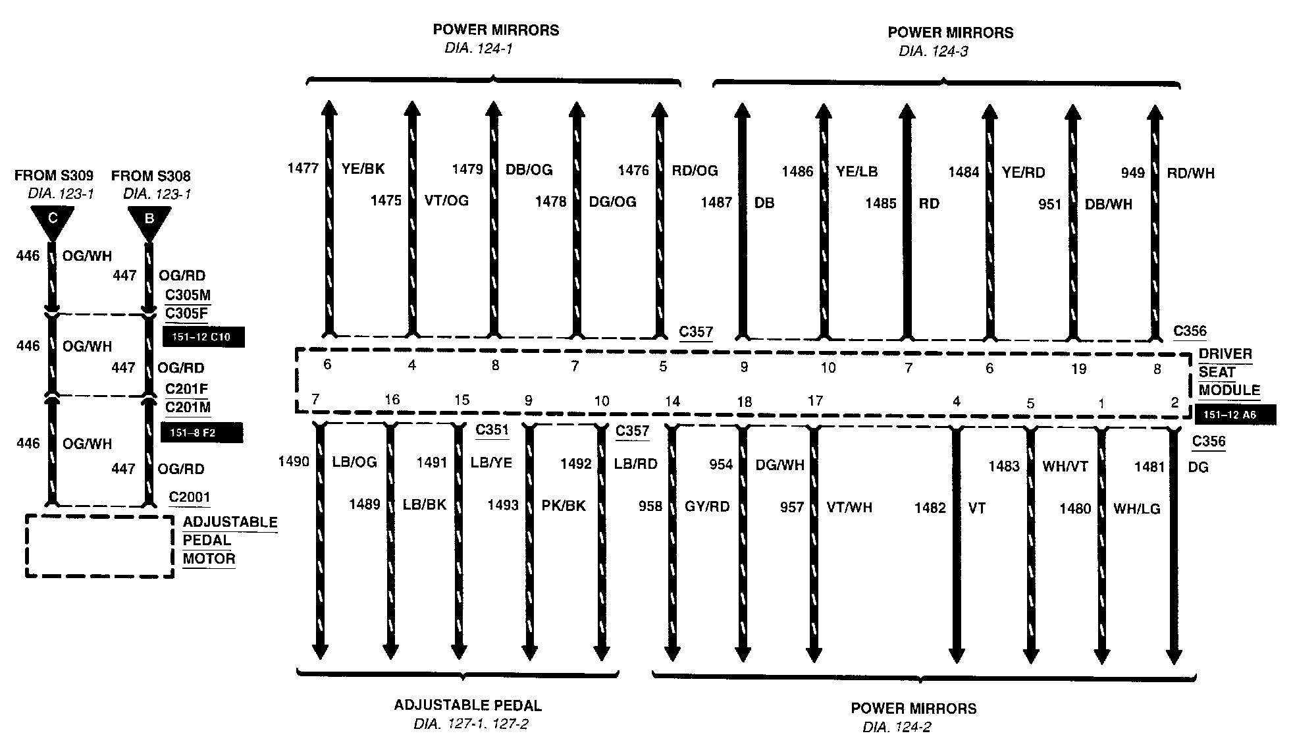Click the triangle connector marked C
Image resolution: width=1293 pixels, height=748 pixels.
[52, 221]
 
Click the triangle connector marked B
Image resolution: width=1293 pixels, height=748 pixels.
[149, 221]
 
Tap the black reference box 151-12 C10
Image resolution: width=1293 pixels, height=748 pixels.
[203, 337]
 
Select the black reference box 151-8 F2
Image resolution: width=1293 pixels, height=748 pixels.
[201, 433]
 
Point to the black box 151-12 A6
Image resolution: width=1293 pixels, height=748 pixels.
[1235, 415]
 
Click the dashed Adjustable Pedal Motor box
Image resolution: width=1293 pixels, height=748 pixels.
[99, 546]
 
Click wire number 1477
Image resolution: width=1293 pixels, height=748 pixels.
[303, 169]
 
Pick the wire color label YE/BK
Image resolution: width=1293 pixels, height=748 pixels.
[363, 169]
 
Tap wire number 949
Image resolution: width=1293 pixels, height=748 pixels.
[1133, 173]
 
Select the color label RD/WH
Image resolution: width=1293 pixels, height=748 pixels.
[1190, 173]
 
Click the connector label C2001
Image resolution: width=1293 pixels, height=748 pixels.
[190, 497]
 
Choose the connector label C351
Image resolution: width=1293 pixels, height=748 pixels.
[492, 430]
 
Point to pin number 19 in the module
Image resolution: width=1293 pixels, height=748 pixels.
[1078, 369]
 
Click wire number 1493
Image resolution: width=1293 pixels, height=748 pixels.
[503, 505]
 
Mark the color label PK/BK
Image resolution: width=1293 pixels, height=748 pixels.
[564, 505]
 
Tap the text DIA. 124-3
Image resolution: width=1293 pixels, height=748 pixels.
[933, 51]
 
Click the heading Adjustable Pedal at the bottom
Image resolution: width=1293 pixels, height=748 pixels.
[467, 706]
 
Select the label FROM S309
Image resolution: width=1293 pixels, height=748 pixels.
[54, 176]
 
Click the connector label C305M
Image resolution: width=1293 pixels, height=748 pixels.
[188, 295]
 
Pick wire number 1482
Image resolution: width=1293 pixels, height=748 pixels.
[930, 508]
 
